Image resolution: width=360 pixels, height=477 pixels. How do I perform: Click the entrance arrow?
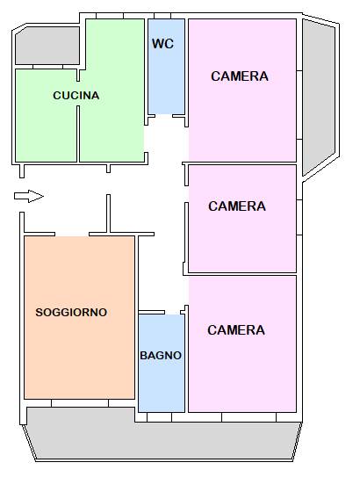pyautogui.click(x=29, y=196)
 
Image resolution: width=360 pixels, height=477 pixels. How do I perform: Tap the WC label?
pyautogui.click(x=163, y=44)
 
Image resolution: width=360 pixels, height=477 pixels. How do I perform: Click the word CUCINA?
pyautogui.click(x=76, y=96)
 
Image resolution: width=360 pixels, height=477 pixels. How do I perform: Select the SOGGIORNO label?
pyautogui.click(x=71, y=313)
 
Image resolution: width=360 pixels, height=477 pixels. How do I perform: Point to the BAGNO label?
pyautogui.click(x=161, y=355)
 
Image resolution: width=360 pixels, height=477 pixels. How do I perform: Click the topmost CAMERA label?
pyautogui.click(x=240, y=76)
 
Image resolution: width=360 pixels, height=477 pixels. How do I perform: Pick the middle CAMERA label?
pyautogui.click(x=237, y=206)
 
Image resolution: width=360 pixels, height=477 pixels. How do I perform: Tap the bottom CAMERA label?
pyautogui.click(x=236, y=330)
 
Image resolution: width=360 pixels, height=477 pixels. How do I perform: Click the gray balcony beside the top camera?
pyautogui.click(x=318, y=94)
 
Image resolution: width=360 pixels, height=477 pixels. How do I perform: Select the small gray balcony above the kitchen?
pyautogui.click(x=47, y=46)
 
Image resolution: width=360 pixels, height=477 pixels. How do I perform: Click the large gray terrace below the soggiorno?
pyautogui.click(x=162, y=438)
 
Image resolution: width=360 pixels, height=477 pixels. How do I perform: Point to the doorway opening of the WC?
pyautogui.click(x=164, y=116)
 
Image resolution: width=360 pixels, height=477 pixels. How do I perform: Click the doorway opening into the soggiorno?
pyautogui.click(x=72, y=235)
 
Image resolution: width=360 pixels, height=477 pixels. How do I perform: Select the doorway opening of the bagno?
pyautogui.click(x=173, y=313)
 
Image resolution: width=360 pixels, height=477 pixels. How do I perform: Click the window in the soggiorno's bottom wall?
pyautogui.click(x=80, y=403)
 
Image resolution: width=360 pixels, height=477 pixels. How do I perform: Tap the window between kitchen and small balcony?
pyautogui.click(x=47, y=67)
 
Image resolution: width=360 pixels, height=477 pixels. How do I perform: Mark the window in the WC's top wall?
pyautogui.click(x=162, y=16)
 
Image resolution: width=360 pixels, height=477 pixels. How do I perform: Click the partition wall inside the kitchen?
pyautogui.click(x=78, y=134)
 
